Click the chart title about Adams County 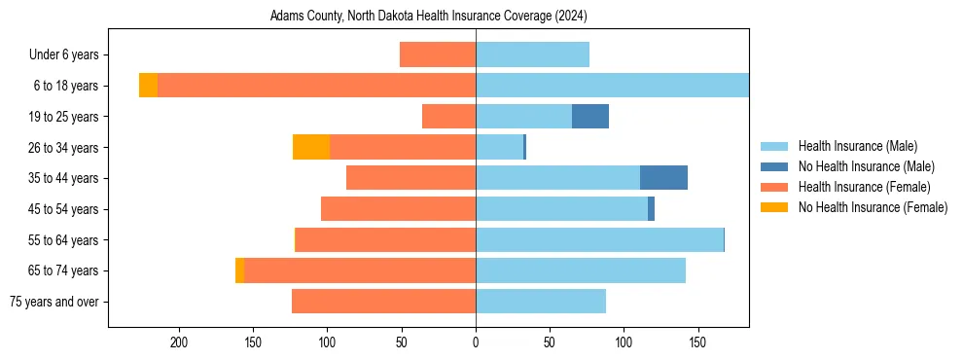[x=429, y=17]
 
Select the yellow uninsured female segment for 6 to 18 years [x=148, y=86]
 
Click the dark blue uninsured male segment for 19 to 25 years [x=590, y=117]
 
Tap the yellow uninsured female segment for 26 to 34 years [x=311, y=147]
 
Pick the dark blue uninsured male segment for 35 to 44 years [x=663, y=178]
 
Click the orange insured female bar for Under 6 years [x=438, y=54]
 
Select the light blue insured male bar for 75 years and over [x=541, y=302]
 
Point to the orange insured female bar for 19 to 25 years [x=448, y=117]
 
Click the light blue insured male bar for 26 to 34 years [x=499, y=147]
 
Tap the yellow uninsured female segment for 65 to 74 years [x=239, y=270]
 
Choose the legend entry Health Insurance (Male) [x=857, y=146]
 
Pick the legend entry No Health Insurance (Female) [x=873, y=207]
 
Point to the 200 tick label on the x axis [x=179, y=342]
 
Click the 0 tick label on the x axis [x=476, y=342]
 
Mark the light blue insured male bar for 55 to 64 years [x=599, y=240]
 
